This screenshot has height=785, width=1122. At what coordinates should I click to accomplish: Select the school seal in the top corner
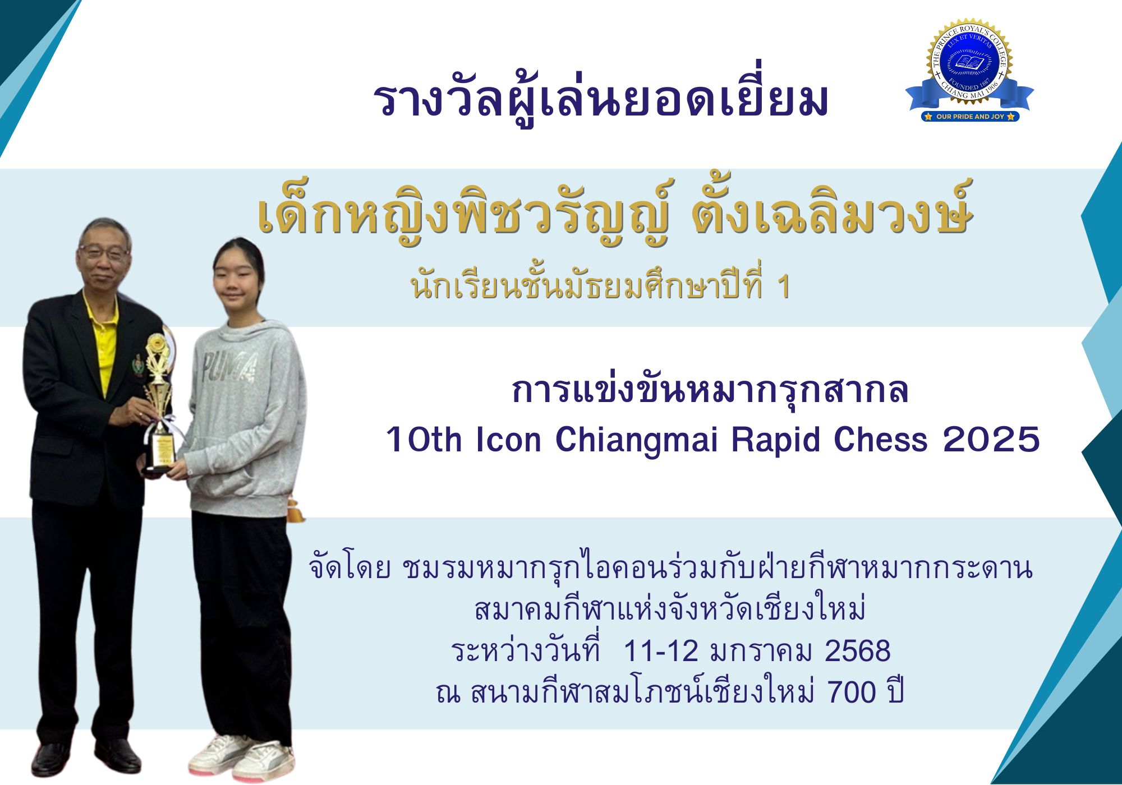click(x=969, y=70)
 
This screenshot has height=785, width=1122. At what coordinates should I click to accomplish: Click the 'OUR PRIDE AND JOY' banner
click(x=970, y=117)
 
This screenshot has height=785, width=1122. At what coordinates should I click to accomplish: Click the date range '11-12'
click(x=660, y=651)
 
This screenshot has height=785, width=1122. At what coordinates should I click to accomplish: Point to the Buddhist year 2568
click(x=858, y=651)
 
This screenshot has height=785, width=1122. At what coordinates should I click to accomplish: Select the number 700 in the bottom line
click(x=852, y=692)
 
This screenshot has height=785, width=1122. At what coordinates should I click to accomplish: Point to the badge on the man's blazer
click(x=136, y=365)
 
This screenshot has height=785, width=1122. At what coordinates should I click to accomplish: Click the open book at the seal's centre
click(x=969, y=62)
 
